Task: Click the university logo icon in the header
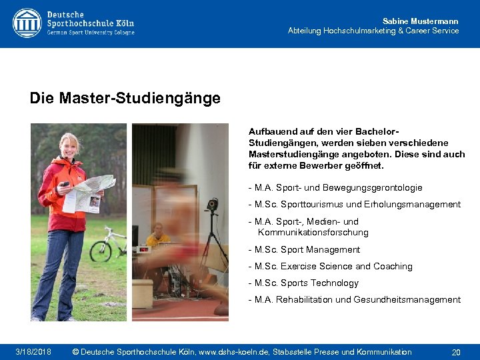[27, 23]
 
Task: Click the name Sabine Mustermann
[420, 21]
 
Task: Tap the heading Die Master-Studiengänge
[125, 99]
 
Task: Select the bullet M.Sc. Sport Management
[303, 250]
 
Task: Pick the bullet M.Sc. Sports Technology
[303, 283]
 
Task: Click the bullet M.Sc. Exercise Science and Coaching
[329, 267]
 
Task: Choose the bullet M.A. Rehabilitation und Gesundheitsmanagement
[353, 300]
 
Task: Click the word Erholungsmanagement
[418, 205]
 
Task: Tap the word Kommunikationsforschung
[313, 233]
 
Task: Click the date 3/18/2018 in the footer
[33, 352]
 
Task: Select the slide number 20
[456, 352]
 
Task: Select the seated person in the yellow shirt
[159, 237]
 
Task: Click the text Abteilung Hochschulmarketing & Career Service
[373, 31]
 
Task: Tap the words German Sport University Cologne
[91, 33]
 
